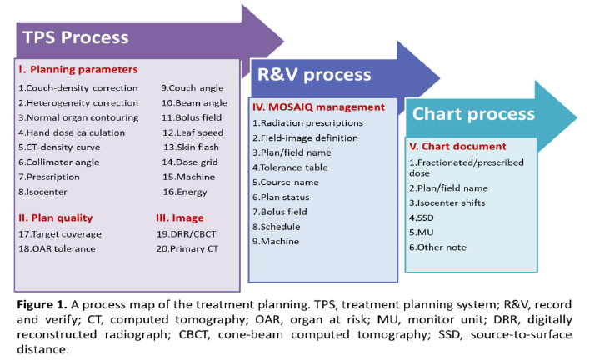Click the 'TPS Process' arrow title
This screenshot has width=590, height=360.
(x=76, y=37)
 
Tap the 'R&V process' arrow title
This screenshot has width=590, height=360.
(x=314, y=74)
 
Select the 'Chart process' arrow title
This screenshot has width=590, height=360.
(x=473, y=113)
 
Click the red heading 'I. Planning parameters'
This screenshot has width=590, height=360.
(x=78, y=70)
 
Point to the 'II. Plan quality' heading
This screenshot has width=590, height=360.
(x=56, y=217)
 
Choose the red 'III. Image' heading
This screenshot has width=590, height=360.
(x=180, y=217)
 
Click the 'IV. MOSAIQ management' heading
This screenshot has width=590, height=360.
(x=318, y=107)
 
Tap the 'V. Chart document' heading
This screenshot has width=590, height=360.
(x=458, y=147)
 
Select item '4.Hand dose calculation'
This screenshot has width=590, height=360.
(x=72, y=132)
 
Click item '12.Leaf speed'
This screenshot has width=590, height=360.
(x=193, y=132)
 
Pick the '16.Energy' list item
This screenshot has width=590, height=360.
(x=185, y=192)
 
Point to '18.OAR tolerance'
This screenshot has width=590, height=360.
(x=57, y=248)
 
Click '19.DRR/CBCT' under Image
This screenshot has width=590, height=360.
(x=187, y=234)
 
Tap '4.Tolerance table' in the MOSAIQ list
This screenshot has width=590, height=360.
(x=290, y=167)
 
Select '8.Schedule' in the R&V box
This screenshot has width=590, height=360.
(x=277, y=227)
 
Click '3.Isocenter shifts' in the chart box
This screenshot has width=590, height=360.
(x=447, y=202)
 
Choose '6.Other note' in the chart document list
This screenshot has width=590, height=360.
(x=438, y=247)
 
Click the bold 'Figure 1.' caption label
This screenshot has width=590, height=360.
(x=42, y=304)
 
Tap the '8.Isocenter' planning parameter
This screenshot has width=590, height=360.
(x=42, y=192)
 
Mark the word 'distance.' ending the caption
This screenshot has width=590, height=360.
(x=43, y=349)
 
